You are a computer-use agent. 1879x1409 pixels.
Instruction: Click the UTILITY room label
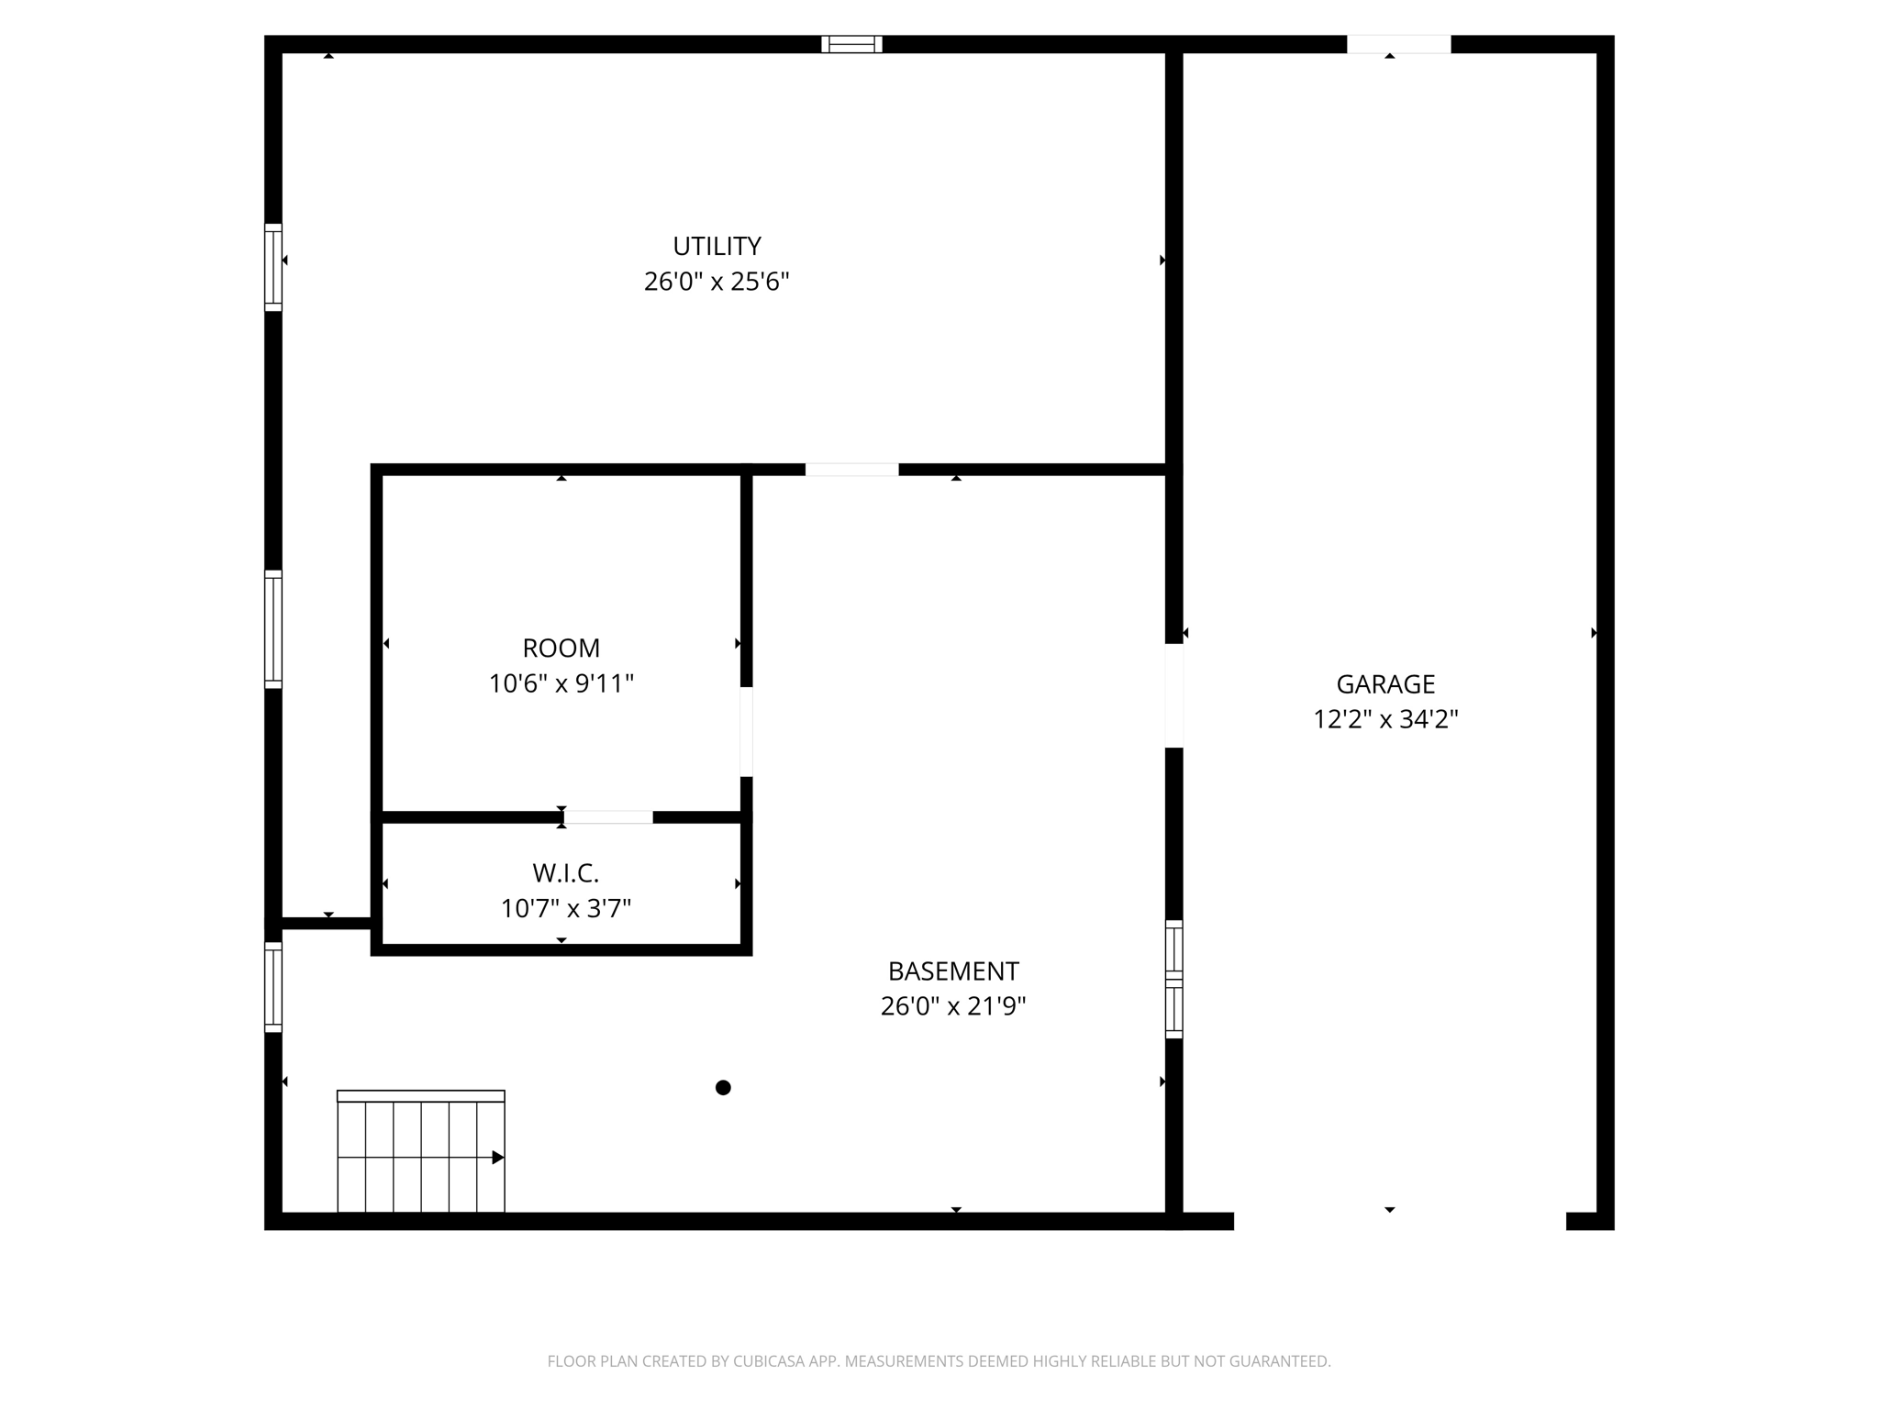point(717,246)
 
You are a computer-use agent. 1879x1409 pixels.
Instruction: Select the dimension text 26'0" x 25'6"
point(717,282)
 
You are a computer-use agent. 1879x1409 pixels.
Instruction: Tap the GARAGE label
point(1384,684)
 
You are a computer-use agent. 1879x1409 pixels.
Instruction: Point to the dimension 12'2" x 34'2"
point(1384,719)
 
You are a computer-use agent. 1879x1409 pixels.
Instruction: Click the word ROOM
point(561,649)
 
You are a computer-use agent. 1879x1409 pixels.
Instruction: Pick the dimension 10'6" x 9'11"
point(561,684)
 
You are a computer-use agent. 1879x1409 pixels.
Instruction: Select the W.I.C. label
point(565,872)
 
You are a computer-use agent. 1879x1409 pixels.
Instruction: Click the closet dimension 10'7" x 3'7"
point(565,909)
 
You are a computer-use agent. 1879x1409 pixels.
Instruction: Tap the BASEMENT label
point(952,971)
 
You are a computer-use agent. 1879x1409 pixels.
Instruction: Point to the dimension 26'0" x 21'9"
point(952,1007)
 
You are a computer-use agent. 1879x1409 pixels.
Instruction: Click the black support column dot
point(723,1088)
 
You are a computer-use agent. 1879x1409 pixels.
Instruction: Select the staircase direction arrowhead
point(498,1158)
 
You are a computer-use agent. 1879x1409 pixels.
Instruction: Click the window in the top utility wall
point(851,44)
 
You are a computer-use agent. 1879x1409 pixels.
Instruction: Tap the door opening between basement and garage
point(1173,695)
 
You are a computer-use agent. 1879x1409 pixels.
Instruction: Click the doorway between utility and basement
point(851,470)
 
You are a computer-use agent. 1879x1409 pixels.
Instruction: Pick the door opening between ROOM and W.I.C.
point(607,817)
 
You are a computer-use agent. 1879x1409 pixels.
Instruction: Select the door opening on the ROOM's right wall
point(746,731)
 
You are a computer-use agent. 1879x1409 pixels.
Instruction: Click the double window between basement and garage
point(1173,979)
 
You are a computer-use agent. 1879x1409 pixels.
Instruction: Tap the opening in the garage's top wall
point(1398,44)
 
